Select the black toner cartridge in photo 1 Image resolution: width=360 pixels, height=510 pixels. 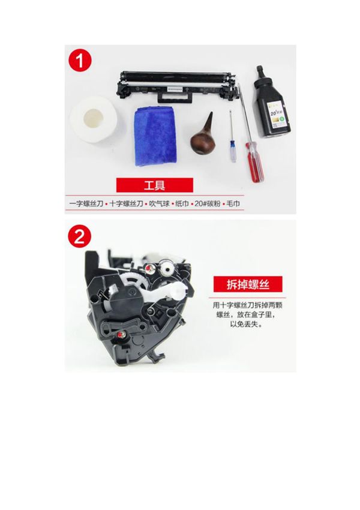[x=178, y=85]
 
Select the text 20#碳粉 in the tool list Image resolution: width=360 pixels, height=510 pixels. [x=205, y=204]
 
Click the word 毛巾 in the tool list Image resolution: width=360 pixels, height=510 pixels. [x=235, y=204]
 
